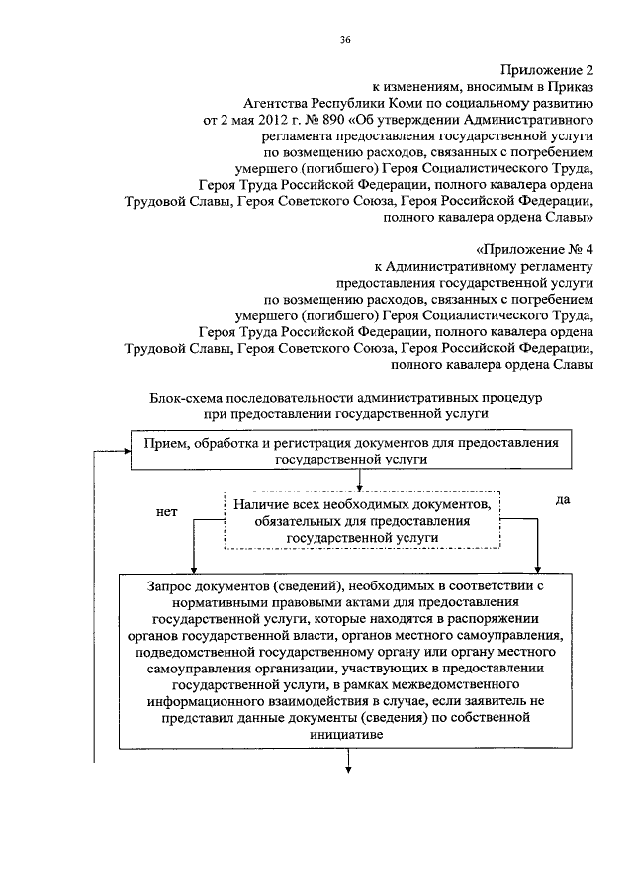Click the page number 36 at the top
pyautogui.click(x=344, y=39)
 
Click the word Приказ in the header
pyautogui.click(x=571, y=87)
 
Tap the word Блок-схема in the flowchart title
pyautogui.click(x=185, y=399)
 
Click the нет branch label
pyautogui.click(x=168, y=513)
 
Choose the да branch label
pyautogui.click(x=563, y=500)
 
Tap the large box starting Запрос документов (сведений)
pyautogui.click(x=351, y=660)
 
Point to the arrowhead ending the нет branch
pyautogui.click(x=193, y=569)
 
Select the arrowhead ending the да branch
pyautogui.click(x=537, y=569)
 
